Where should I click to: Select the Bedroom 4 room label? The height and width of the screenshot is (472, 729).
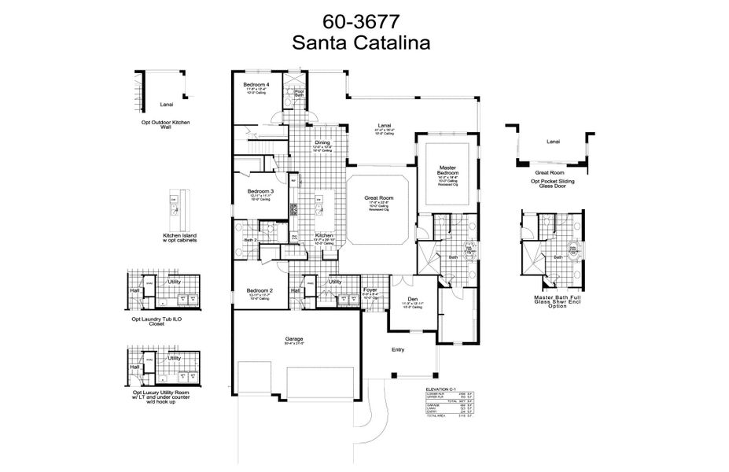tap(256, 84)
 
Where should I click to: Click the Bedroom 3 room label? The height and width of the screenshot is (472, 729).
tap(260, 191)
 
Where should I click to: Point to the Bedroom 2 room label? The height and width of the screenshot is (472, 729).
tap(260, 290)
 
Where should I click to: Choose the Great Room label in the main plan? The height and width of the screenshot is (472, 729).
tap(377, 198)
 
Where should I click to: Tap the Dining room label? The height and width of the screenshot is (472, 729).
tap(300, 142)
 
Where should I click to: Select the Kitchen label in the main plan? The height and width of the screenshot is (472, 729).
tap(324, 235)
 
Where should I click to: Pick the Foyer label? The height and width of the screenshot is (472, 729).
tap(370, 290)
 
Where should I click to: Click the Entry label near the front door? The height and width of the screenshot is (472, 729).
tap(399, 350)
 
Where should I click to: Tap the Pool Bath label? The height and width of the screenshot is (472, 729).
tap(299, 92)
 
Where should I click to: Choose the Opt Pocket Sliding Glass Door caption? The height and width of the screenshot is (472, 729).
tap(552, 183)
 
